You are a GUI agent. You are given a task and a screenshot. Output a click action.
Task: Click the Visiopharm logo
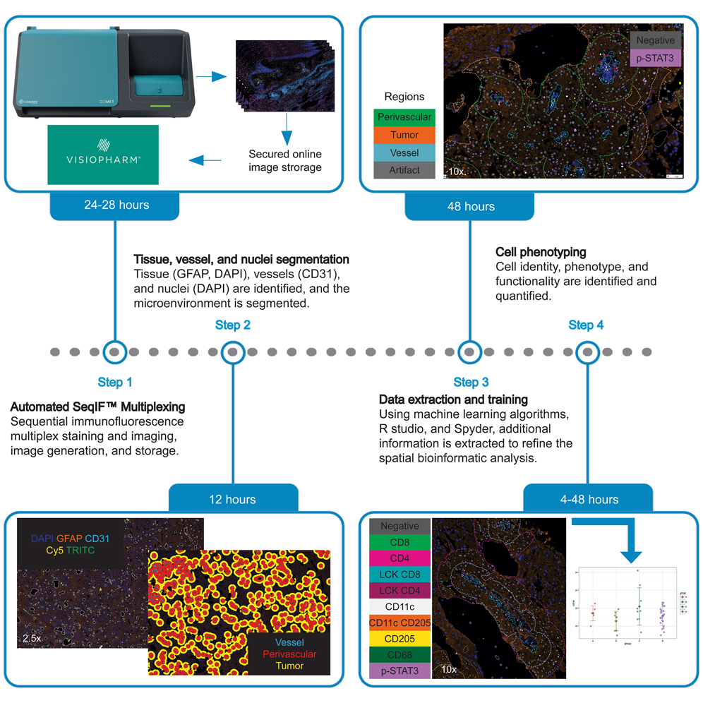pos(103,155)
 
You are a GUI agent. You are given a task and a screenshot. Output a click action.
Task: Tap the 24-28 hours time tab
pos(114,206)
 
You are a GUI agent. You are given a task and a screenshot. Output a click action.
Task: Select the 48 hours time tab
pos(469,206)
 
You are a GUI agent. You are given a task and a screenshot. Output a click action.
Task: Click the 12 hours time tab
pos(233,499)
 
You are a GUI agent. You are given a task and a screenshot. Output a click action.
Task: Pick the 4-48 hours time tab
pos(588,499)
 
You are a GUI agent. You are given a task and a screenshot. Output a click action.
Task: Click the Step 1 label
pos(114,383)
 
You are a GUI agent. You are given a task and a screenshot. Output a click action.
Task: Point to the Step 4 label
pos(586,325)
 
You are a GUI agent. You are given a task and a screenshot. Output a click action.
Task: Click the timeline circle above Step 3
pos(469,351)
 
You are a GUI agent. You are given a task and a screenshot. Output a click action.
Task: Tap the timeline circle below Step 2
pos(233,351)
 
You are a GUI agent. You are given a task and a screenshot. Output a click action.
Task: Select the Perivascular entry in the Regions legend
pos(404,116)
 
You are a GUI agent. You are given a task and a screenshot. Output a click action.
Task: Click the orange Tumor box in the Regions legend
pos(404,134)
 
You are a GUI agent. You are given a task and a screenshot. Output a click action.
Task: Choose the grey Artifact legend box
pos(404,170)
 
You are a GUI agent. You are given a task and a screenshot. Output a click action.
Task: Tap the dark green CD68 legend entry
pos(399,655)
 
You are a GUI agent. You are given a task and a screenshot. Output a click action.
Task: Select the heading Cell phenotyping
pos(541,252)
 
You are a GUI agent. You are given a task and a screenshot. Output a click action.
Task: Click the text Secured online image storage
pos(285,160)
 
